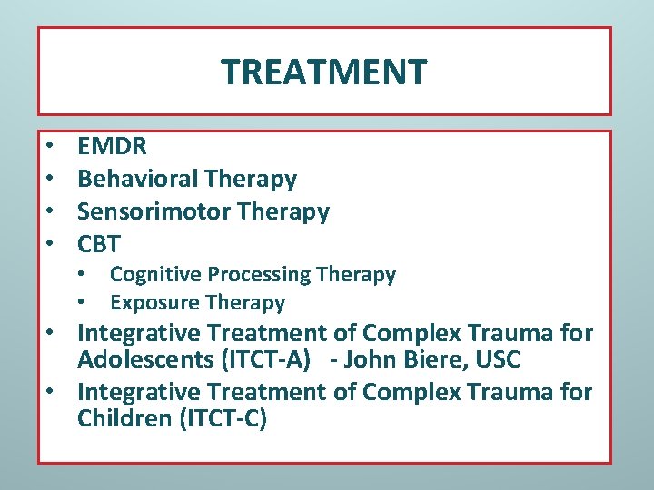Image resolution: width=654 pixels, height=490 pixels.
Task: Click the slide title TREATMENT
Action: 323,72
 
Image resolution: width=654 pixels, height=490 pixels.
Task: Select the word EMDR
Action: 112,146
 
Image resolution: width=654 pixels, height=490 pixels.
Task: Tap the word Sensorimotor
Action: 154,211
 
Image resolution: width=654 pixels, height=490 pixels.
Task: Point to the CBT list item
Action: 99,244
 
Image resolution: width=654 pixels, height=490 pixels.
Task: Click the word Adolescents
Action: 145,359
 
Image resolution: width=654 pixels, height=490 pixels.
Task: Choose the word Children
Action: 122,420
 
